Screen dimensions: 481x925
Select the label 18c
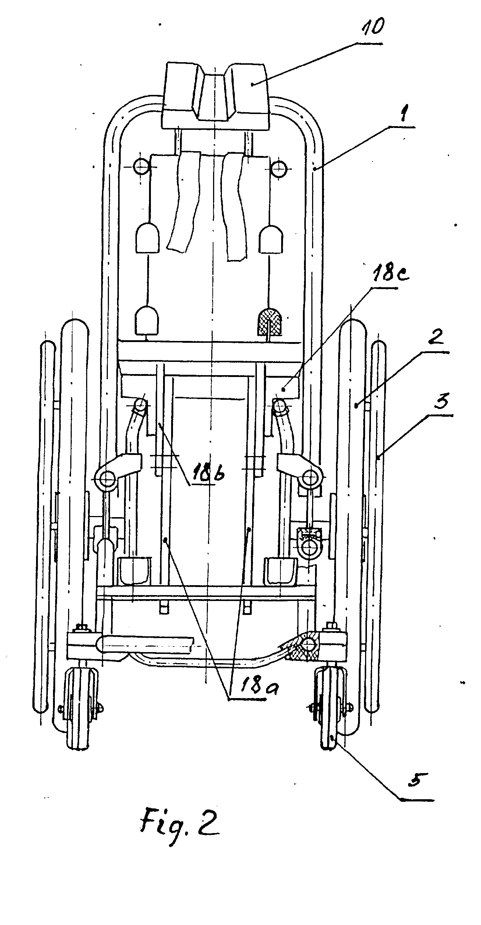coord(379,277)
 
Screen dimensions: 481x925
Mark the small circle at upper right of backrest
coord(279,167)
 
